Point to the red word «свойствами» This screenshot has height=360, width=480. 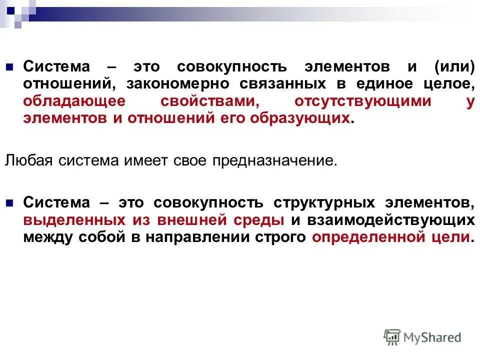pyautogui.click(x=209, y=101)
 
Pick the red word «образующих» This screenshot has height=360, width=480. pyautogui.click(x=311, y=118)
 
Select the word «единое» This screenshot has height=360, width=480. pyautogui.click(x=383, y=84)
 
